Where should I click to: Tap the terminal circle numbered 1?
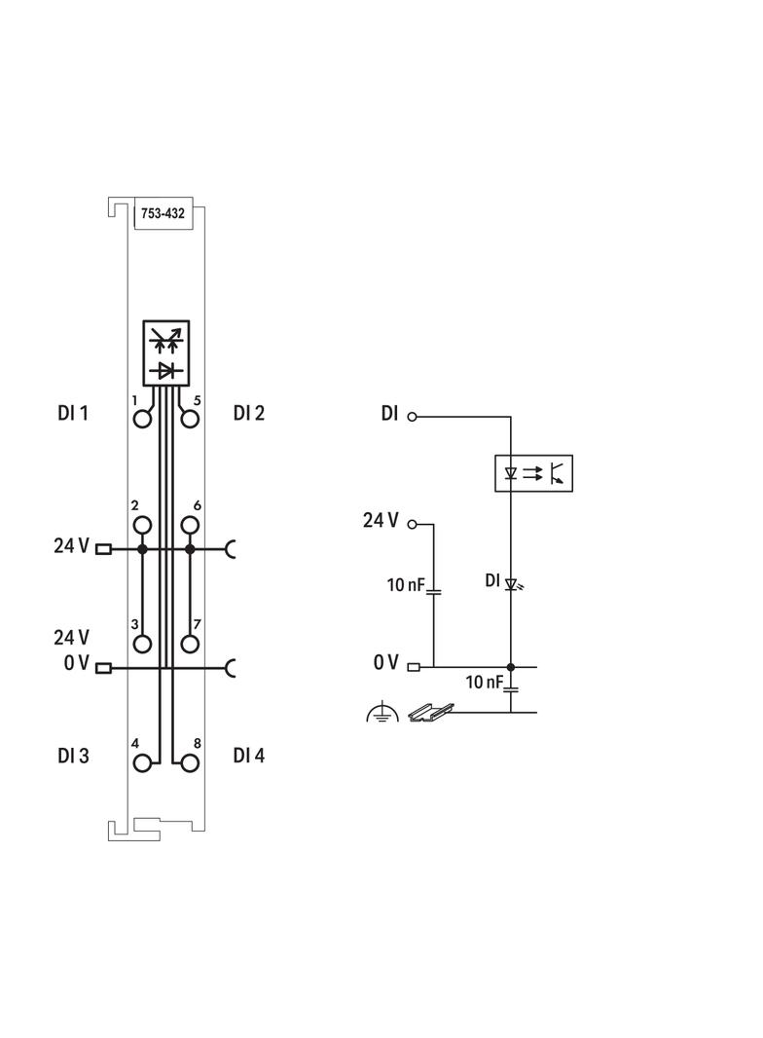pyautogui.click(x=143, y=419)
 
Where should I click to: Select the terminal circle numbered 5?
pyautogui.click(x=190, y=419)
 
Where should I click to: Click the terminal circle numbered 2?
pyautogui.click(x=143, y=526)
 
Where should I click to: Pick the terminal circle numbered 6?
pyautogui.click(x=190, y=526)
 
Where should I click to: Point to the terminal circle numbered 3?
pyautogui.click(x=143, y=644)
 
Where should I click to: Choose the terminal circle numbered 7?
pyautogui.click(x=190, y=644)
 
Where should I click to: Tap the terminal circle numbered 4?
pyautogui.click(x=143, y=762)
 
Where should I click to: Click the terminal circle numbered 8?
pyautogui.click(x=190, y=762)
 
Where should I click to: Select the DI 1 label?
pyautogui.click(x=73, y=414)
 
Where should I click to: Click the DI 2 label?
pyautogui.click(x=249, y=414)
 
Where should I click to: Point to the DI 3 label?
pyautogui.click(x=73, y=756)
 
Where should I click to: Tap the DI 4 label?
pyautogui.click(x=249, y=756)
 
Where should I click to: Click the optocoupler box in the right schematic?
pyautogui.click(x=533, y=473)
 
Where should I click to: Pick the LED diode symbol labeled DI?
pyautogui.click(x=510, y=584)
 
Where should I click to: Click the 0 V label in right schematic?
pyautogui.click(x=385, y=663)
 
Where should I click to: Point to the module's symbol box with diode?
pyautogui.click(x=166, y=352)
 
